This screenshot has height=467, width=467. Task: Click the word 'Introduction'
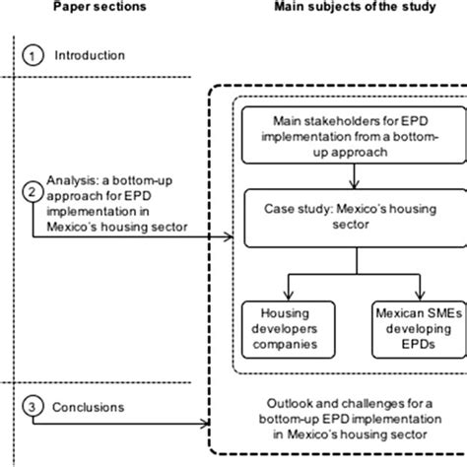click(90, 56)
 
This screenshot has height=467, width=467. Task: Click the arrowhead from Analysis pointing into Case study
click(234, 235)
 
